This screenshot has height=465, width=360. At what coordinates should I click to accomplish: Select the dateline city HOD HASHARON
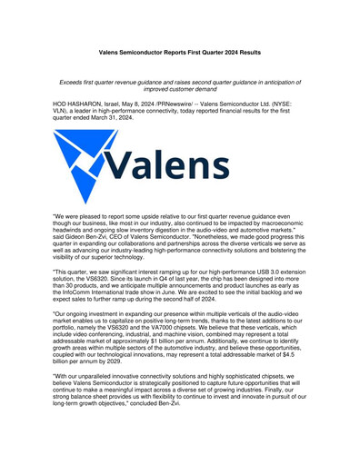[x=81, y=104]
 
